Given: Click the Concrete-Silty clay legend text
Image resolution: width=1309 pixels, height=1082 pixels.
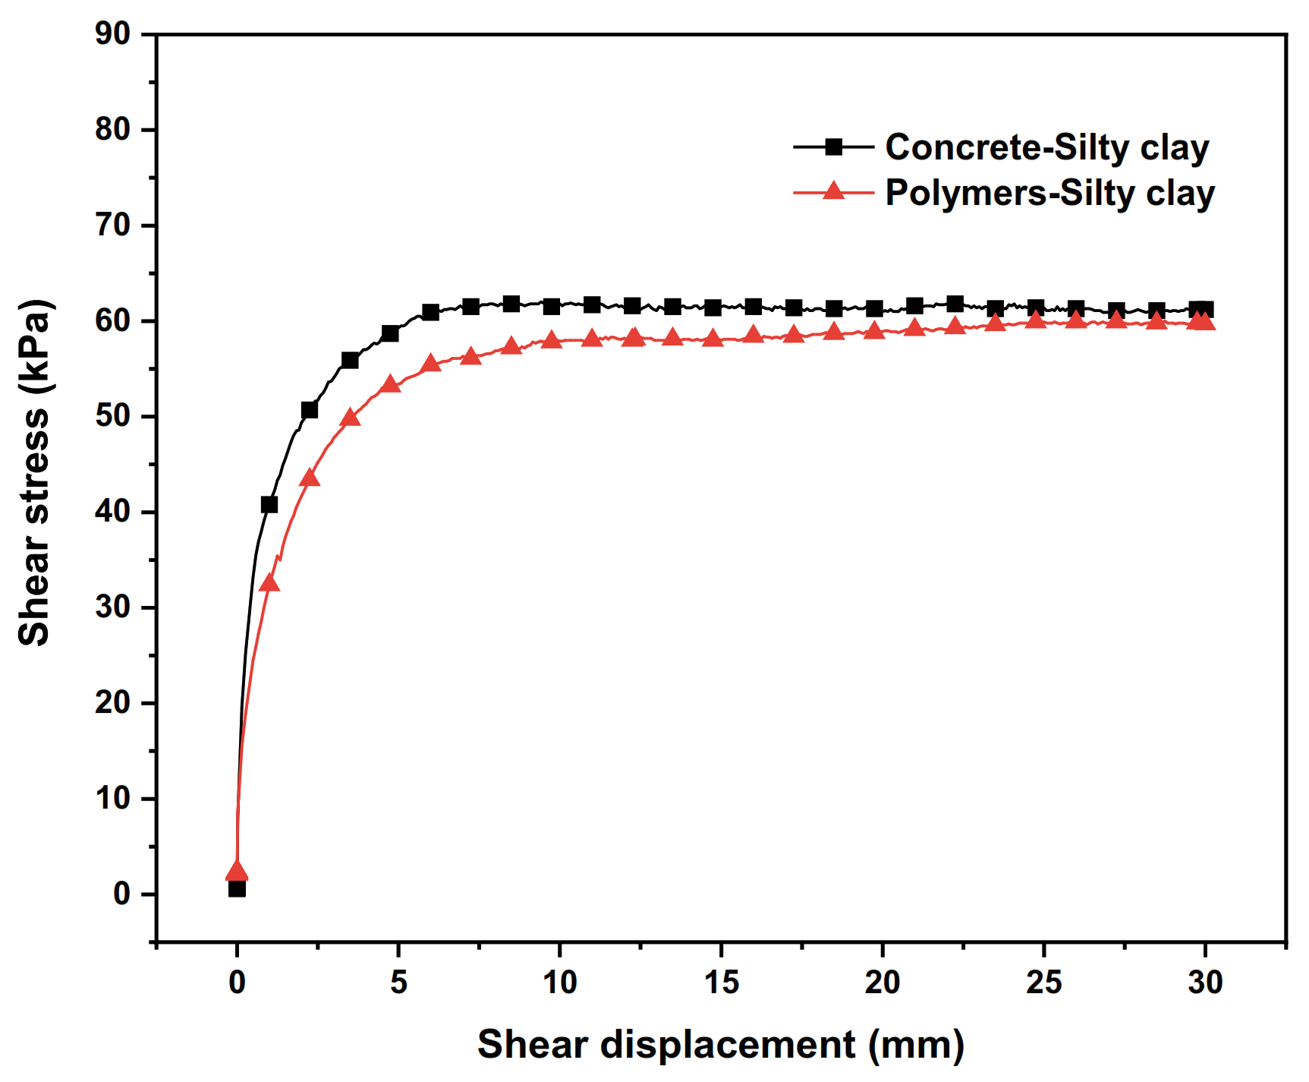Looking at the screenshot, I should tap(1046, 147).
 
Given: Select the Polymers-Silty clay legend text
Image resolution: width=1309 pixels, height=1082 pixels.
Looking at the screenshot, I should tap(1049, 193).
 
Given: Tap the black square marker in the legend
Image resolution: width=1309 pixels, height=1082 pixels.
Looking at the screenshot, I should tap(833, 147).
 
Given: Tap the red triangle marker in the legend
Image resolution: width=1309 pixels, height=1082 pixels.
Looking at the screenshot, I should tap(833, 191).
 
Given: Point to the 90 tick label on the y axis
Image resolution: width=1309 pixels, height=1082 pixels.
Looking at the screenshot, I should tap(112, 33).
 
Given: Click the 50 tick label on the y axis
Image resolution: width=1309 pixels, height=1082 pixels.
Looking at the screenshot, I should tap(112, 416).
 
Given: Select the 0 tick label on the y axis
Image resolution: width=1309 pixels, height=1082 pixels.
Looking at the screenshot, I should tap(121, 894).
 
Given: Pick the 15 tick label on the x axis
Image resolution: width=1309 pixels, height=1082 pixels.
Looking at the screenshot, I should tap(720, 983).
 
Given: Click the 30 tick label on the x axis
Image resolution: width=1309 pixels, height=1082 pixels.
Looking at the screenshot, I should tap(1204, 983).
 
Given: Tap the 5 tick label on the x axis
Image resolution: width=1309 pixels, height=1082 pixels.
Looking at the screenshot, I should tap(398, 983).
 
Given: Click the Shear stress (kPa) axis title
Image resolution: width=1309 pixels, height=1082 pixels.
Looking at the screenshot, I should tap(35, 472).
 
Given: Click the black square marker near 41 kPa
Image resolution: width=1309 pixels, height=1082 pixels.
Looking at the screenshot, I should tap(269, 505).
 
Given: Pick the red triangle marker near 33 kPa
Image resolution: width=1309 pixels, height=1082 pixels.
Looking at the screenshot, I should tap(269, 583).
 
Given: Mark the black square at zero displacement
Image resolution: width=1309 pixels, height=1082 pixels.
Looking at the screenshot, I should tap(237, 888).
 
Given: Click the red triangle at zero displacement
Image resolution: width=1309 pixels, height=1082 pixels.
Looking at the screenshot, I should tap(237, 872).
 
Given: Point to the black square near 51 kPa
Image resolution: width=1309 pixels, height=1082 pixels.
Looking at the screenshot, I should tap(309, 410).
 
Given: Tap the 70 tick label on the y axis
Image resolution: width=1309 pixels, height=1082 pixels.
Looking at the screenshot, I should tap(112, 225).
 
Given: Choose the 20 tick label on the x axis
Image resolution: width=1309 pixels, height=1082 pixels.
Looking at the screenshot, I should tap(882, 983).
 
